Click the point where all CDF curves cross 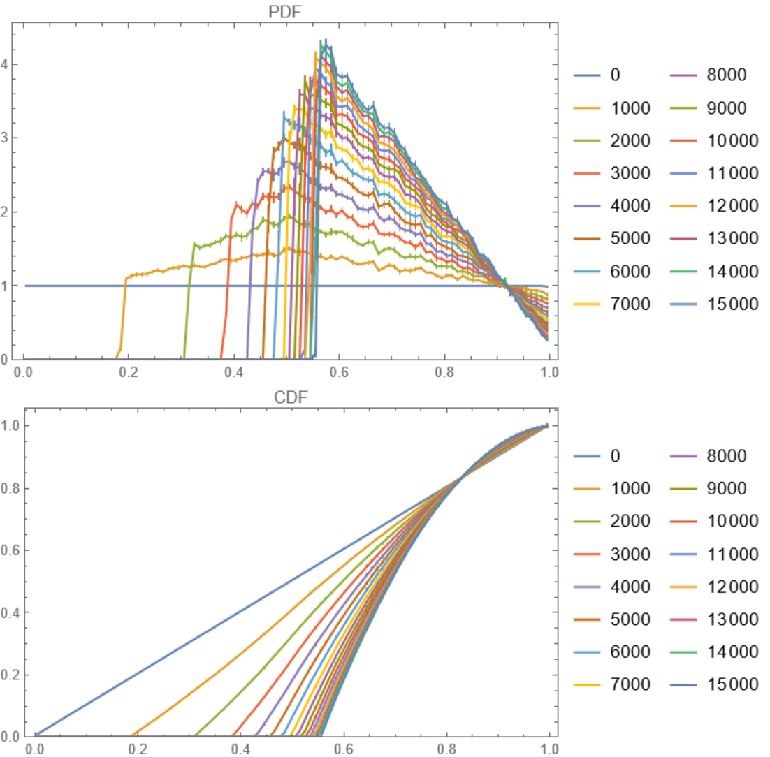point(461,478)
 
